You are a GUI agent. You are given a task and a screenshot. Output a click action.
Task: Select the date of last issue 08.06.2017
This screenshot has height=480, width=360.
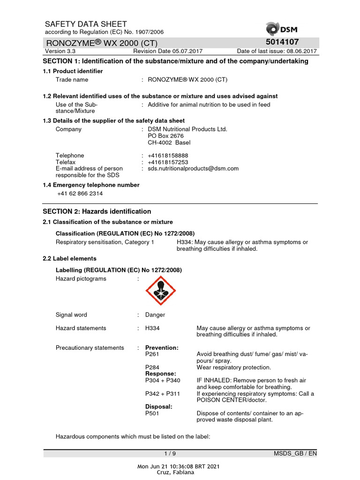[301, 52]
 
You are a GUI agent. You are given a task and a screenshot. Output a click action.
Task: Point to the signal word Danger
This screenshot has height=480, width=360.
[155, 315]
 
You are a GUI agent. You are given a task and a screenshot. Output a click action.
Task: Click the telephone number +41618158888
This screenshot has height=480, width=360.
[168, 156]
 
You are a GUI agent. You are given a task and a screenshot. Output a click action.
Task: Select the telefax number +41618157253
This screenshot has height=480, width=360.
[168, 162]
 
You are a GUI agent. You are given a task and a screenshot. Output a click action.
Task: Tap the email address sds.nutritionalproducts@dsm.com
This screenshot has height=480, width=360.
[193, 169]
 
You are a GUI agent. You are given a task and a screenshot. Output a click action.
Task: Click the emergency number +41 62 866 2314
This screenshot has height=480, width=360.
[80, 194]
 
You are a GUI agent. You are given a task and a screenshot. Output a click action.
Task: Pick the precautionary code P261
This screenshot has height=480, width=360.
[153, 354]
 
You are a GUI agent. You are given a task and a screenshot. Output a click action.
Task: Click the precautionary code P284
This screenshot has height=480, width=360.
[153, 367]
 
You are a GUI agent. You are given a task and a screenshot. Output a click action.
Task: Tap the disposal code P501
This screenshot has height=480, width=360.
[153, 413]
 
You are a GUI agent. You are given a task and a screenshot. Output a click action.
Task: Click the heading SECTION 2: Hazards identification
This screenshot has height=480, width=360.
[97, 211]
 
